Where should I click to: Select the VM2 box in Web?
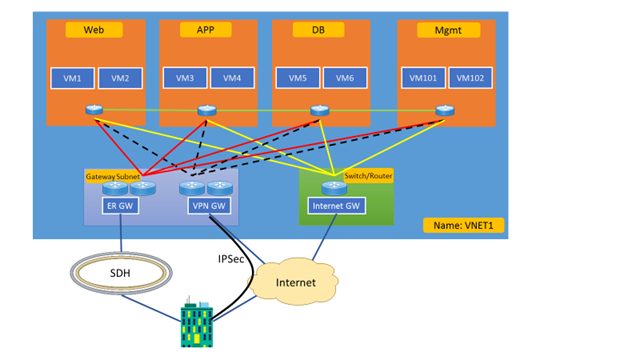point(120,78)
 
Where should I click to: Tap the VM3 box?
point(185,78)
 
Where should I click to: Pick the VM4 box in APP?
point(232,78)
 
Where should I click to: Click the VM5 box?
point(298,78)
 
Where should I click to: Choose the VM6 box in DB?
point(345,78)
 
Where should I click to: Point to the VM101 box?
point(424,78)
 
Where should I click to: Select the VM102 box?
point(471,78)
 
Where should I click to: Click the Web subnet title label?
point(94,30)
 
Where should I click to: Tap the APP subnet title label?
point(206,30)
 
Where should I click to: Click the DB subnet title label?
point(319,30)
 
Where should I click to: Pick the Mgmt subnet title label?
point(445,30)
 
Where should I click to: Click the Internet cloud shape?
point(297,283)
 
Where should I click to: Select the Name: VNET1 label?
point(463,226)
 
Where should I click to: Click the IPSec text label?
point(231,258)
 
